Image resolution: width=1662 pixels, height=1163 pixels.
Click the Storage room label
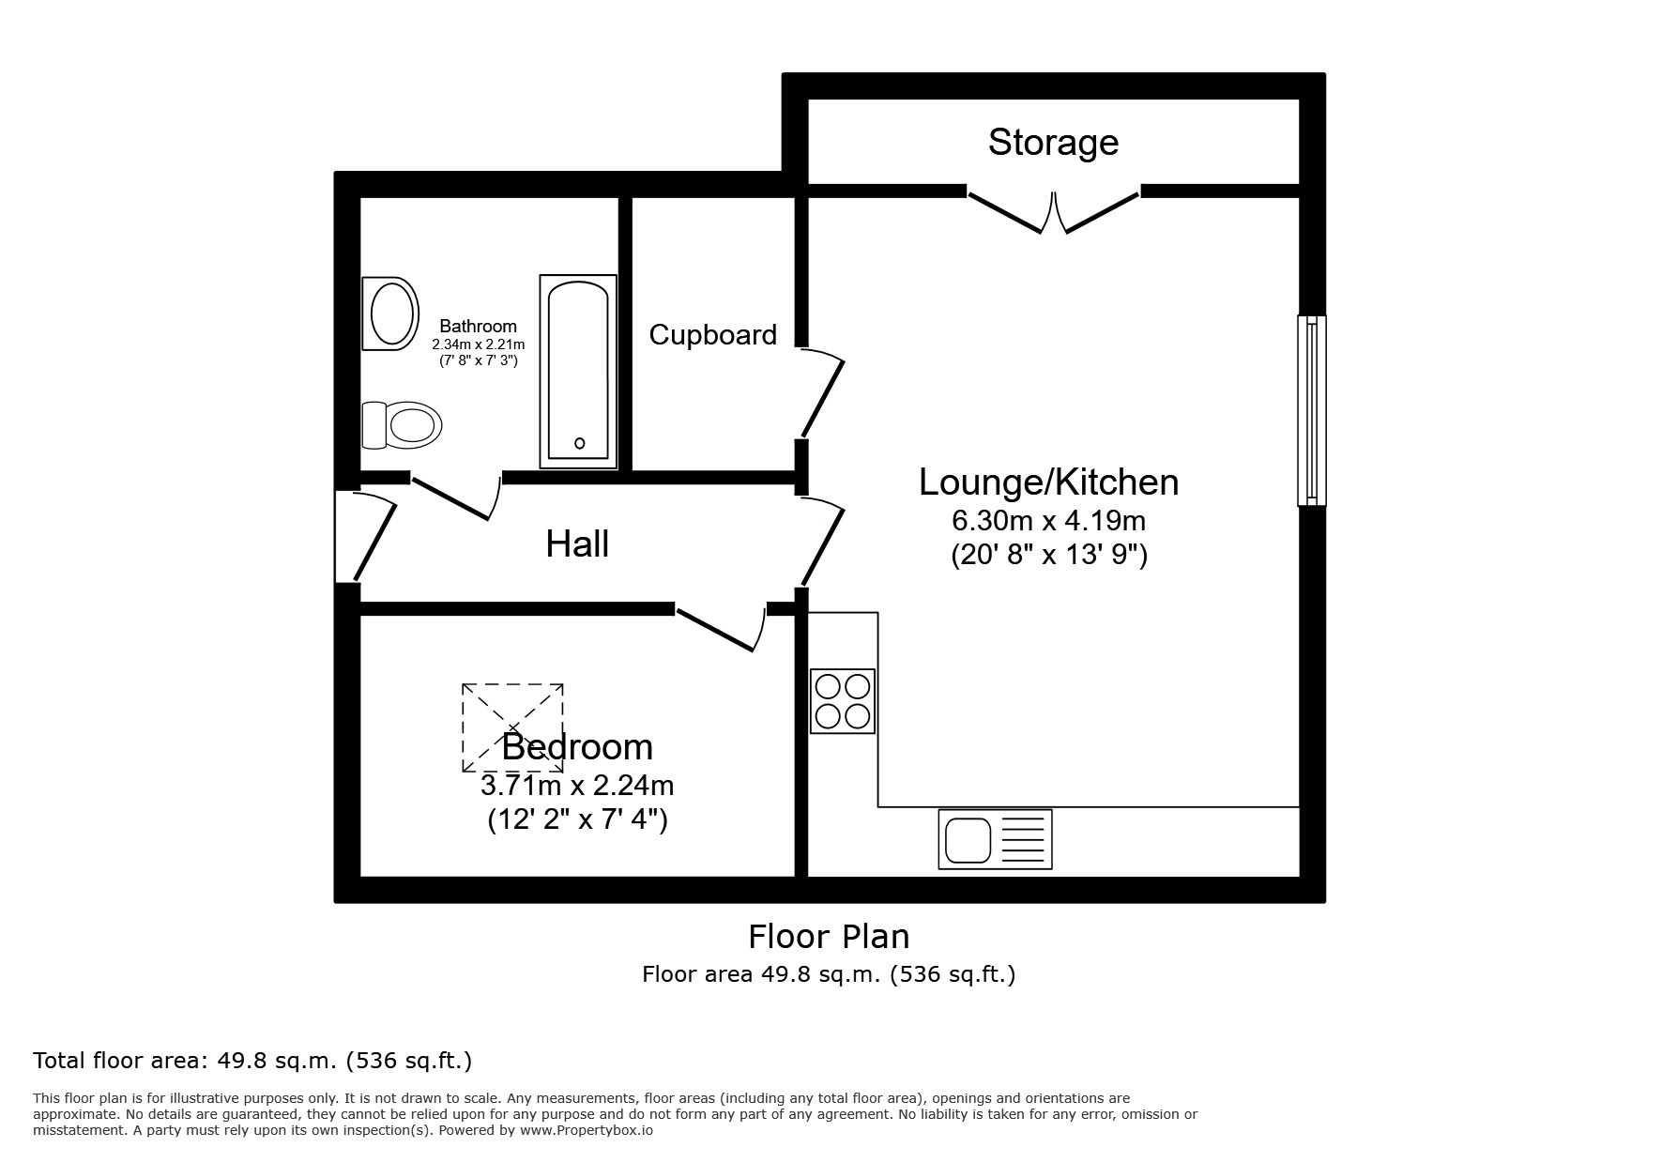point(1053,143)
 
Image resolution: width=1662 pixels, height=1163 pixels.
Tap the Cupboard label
point(712,335)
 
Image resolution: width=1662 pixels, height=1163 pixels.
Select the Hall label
point(577,544)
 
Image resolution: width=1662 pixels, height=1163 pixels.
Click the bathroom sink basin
point(393,314)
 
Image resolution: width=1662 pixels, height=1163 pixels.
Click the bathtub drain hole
point(579,443)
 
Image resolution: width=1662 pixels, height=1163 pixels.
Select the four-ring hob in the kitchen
point(843,701)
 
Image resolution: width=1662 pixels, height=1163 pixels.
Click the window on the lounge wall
point(1311,410)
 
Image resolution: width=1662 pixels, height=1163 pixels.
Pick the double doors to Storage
point(1053,212)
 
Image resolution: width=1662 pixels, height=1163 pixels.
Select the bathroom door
point(455,497)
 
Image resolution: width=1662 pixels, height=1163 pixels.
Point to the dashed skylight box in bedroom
point(512,727)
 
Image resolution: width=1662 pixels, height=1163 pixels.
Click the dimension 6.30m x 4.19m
point(1048,519)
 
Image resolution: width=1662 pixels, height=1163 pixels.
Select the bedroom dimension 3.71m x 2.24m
point(577,784)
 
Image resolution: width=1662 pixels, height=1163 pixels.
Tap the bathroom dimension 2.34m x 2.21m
point(478,344)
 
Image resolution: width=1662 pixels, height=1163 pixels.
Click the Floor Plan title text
point(829,937)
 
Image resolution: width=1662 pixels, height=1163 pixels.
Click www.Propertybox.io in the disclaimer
point(586,1130)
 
